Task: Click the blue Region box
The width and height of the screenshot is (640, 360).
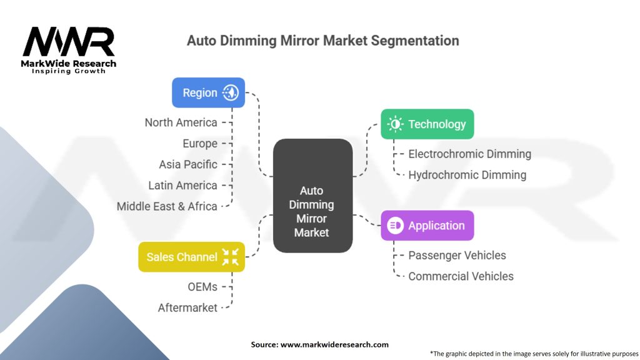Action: [208, 92]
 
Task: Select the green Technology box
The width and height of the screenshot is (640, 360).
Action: [427, 124]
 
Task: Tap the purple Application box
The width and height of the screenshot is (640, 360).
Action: [427, 225]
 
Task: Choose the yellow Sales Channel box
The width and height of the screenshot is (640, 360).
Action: [191, 257]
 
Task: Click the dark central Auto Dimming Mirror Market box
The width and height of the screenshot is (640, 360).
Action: [312, 196]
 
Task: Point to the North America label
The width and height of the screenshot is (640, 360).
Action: [181, 122]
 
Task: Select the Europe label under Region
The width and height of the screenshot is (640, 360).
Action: [200, 144]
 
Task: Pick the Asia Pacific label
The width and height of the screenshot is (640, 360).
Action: [188, 164]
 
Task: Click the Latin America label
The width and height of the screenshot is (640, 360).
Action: [182, 185]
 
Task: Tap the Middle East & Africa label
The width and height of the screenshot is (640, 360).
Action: [167, 206]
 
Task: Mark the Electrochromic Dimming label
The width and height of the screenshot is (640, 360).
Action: [470, 154]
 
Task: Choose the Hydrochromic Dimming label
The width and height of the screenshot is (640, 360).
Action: [467, 175]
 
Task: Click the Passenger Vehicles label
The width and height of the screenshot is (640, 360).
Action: [457, 256]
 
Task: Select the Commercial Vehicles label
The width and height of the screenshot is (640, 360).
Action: [461, 276]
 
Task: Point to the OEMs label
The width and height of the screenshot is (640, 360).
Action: [202, 287]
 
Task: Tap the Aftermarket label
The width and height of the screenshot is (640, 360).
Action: [187, 307]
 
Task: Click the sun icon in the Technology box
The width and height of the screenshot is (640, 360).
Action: [395, 124]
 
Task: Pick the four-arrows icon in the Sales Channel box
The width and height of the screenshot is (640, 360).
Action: [230, 257]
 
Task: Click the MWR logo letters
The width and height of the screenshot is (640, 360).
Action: [69, 42]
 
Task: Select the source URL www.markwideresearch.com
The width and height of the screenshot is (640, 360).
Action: [334, 344]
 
